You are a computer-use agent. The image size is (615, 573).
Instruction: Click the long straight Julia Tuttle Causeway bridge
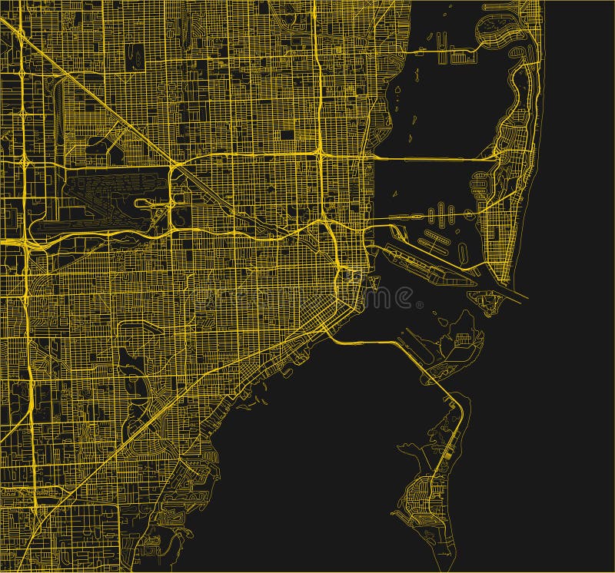coord(430,159)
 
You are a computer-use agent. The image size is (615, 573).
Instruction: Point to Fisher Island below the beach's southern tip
coord(484,301)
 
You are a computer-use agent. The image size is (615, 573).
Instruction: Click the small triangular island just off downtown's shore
coord(374,295)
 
